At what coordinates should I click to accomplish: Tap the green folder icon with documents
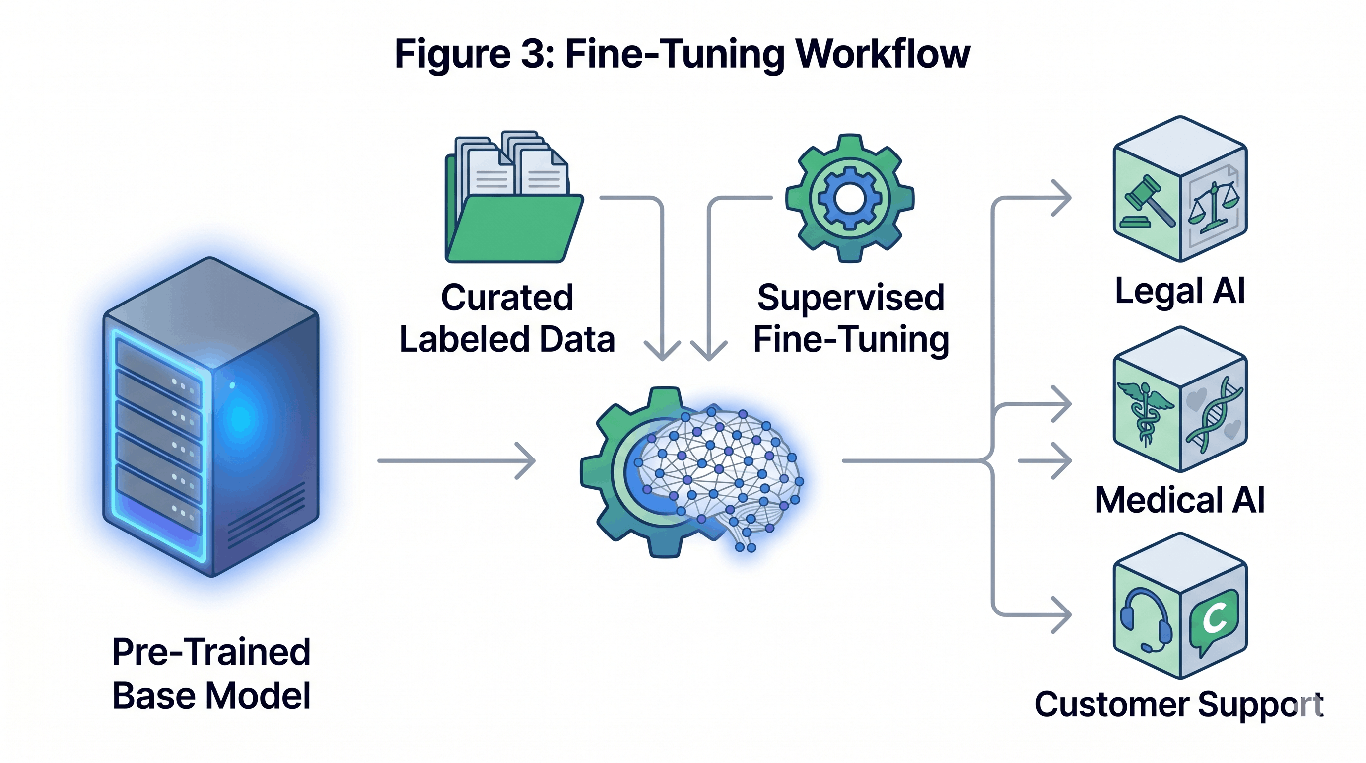(512, 212)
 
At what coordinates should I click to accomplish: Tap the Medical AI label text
(1179, 500)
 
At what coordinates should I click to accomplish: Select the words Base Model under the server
(211, 695)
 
